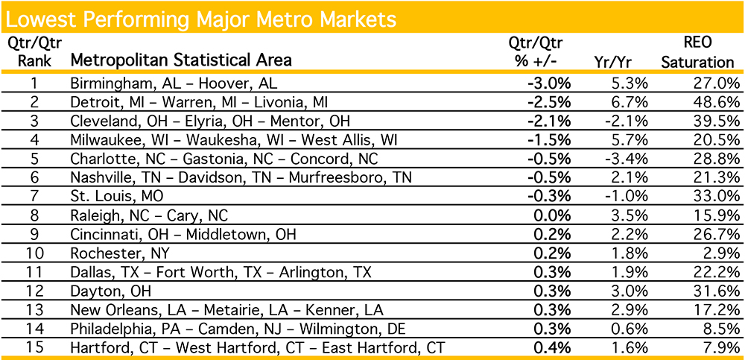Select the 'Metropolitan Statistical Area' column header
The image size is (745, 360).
click(x=180, y=60)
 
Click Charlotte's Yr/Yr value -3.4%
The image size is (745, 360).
click(x=627, y=158)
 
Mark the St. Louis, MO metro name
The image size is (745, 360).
click(x=115, y=196)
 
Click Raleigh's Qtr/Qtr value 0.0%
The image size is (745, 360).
click(x=552, y=215)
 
